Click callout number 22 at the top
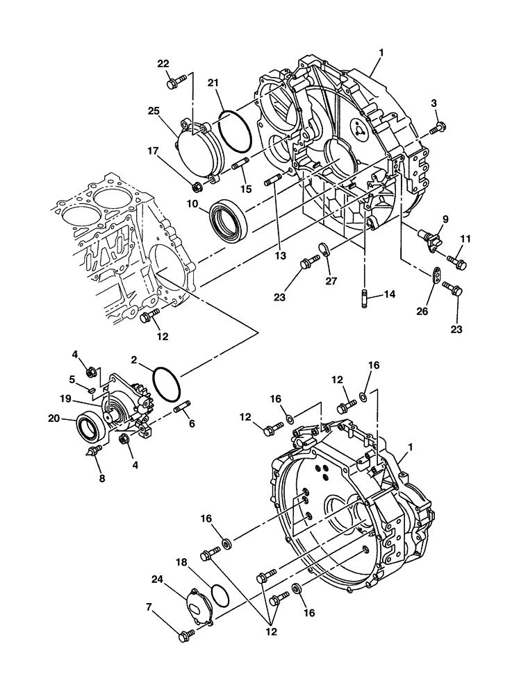[163, 64]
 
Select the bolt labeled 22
[173, 83]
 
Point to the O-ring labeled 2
[167, 384]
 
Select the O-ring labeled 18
[219, 593]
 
